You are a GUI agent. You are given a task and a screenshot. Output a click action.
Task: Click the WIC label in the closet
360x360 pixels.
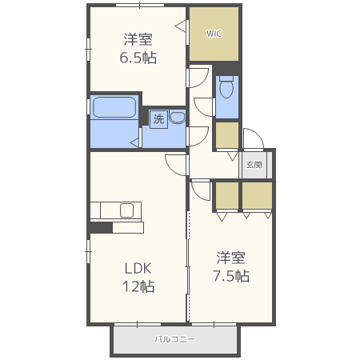(214, 34)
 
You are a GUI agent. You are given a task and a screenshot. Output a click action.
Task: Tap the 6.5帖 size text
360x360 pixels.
(138, 58)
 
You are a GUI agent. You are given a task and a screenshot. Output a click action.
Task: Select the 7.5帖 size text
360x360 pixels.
(231, 276)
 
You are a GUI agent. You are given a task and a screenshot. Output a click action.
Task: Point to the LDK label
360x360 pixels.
(138, 268)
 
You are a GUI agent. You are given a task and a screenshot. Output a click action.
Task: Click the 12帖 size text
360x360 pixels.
(138, 286)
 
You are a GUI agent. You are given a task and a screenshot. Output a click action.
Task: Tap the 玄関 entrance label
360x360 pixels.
(254, 165)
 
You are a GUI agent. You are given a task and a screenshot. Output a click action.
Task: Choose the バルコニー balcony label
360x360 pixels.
(175, 339)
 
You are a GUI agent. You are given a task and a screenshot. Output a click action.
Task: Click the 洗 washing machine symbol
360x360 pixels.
(158, 119)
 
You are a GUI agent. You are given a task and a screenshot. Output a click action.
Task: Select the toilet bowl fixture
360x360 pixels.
(226, 86)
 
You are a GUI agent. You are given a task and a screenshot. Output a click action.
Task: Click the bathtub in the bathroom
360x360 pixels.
(114, 107)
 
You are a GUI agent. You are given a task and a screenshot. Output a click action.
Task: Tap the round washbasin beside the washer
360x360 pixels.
(178, 118)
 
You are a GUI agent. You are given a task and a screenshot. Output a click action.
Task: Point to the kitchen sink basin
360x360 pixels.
(126, 210)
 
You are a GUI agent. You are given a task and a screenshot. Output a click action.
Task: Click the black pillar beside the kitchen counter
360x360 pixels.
(101, 228)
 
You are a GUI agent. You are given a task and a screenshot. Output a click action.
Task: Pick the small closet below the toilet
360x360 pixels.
(227, 135)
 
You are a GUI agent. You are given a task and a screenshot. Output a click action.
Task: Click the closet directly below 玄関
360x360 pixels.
(257, 195)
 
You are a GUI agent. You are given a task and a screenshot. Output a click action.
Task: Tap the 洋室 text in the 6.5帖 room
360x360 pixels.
(138, 39)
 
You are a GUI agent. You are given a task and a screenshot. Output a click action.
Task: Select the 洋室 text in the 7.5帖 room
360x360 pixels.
(231, 258)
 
